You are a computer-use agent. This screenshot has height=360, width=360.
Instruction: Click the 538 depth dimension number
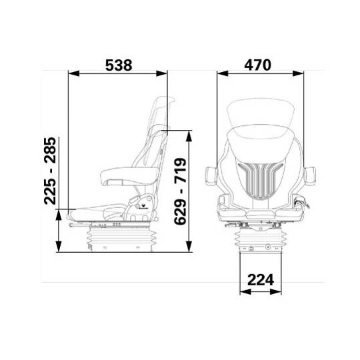[x=118, y=65]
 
